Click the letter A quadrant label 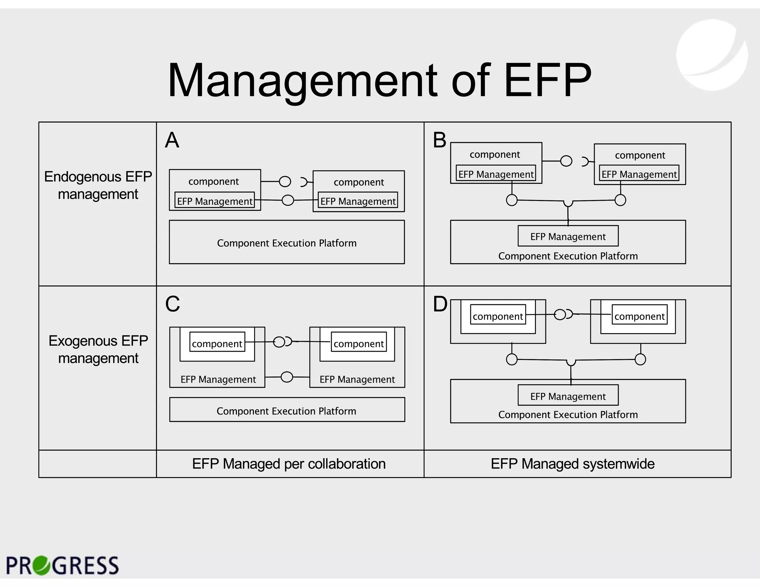click(x=172, y=140)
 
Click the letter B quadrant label click(x=440, y=140)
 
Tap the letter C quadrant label click(x=173, y=304)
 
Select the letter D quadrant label click(x=440, y=304)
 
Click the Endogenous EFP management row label click(x=98, y=185)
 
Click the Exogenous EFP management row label click(x=98, y=349)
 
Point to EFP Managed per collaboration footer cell click(x=289, y=464)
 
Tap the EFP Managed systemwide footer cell click(x=573, y=464)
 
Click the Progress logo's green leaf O click(x=41, y=565)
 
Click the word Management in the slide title click(x=302, y=81)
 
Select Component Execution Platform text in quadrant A click(x=286, y=243)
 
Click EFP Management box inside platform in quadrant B click(x=568, y=236)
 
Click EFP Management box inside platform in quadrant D click(x=568, y=396)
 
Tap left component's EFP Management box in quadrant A click(x=214, y=201)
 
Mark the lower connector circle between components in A click(x=288, y=200)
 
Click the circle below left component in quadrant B click(x=512, y=200)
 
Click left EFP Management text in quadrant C click(x=218, y=379)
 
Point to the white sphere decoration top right click(x=711, y=55)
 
